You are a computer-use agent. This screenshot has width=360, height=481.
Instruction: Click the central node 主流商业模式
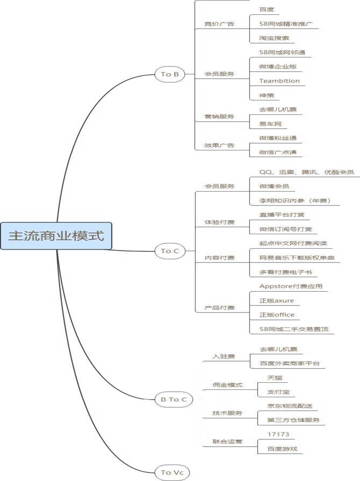pos(56,235)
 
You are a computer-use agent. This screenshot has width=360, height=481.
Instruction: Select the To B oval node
pos(170,74)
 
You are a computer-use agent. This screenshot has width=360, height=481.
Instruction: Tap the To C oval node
pos(170,251)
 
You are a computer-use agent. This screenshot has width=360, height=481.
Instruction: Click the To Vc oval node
pos(173,472)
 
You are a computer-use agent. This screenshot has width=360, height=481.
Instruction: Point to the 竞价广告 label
pos(219,24)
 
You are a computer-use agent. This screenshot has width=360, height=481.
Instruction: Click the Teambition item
pos(279,81)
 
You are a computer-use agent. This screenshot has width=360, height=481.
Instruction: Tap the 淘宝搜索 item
pos(277,38)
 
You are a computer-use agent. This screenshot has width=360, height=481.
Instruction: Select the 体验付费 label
pos(219,222)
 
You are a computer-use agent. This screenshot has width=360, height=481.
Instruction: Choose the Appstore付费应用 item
pos(291,286)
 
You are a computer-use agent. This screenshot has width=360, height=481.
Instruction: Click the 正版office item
pos(277,315)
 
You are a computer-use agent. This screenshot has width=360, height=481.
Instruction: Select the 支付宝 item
pos(279,392)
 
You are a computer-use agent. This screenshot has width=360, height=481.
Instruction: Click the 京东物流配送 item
pos(290,406)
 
